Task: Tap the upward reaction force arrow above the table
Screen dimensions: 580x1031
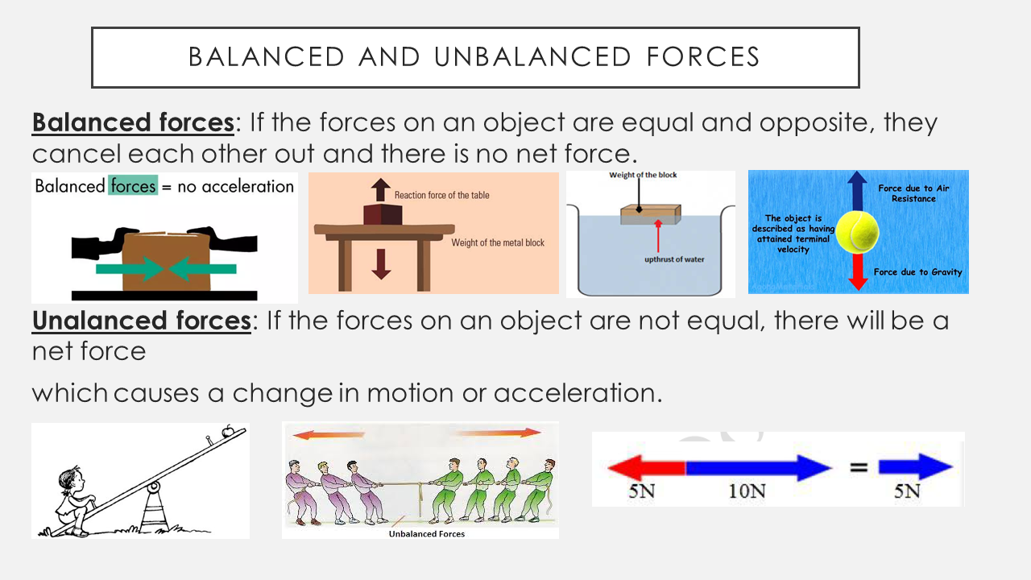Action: [x=381, y=189]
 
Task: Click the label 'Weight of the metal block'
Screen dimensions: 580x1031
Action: [x=498, y=242]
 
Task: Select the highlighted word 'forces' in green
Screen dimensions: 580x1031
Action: [x=134, y=186]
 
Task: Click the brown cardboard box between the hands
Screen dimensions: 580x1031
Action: [x=166, y=262]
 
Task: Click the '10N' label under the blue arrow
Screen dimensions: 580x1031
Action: [x=747, y=491]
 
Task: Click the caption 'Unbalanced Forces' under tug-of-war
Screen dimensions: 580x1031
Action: [x=426, y=533]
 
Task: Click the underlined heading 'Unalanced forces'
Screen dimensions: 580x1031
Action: [x=141, y=321]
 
